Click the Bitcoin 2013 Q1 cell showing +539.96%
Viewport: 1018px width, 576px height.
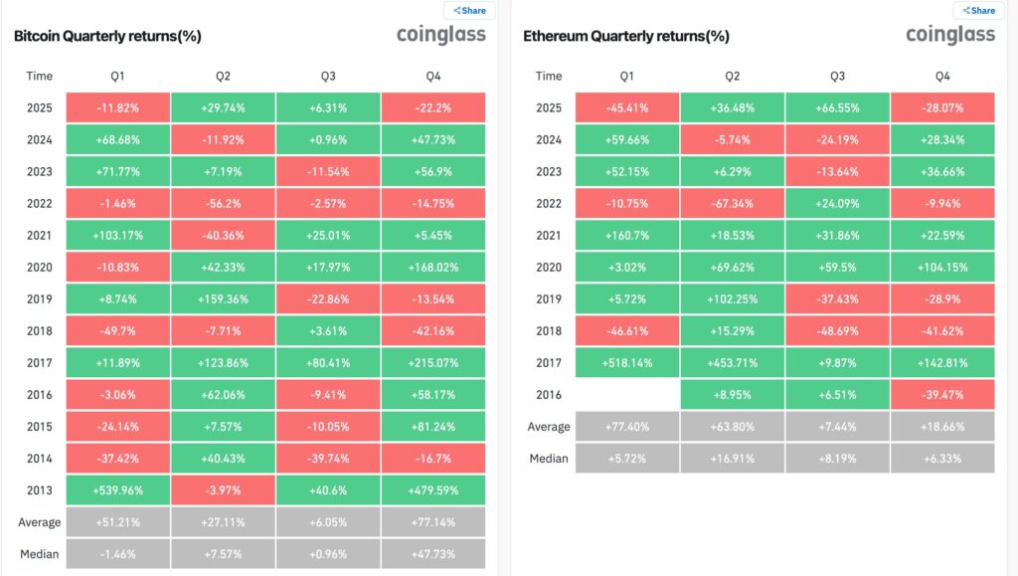pos(117,489)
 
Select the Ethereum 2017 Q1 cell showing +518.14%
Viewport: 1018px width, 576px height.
pos(626,363)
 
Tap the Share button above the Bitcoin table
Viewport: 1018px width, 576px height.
pos(469,11)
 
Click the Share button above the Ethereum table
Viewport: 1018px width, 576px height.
pos(978,11)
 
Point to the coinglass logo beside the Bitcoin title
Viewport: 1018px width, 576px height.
pos(441,35)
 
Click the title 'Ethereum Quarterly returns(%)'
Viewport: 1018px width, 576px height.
pos(626,36)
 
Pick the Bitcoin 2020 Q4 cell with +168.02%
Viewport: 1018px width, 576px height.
pos(433,268)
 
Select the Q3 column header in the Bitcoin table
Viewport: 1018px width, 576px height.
pos(328,76)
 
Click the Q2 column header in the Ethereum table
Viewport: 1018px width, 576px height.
pos(732,76)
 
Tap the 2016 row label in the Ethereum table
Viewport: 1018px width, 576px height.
pos(549,395)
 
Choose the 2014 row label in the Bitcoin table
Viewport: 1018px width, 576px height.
pos(40,458)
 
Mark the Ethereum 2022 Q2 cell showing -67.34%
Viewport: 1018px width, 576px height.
pos(732,203)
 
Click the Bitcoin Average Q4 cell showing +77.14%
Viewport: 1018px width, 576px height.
pos(433,521)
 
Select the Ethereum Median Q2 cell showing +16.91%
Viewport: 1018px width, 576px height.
pos(732,459)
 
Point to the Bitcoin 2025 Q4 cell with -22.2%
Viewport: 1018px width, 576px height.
pos(433,107)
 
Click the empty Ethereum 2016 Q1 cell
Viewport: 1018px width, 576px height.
pos(626,395)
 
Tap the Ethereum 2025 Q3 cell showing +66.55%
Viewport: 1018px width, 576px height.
pos(837,107)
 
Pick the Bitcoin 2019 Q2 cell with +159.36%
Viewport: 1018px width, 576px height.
pos(223,298)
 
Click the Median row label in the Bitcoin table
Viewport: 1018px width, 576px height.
pos(40,553)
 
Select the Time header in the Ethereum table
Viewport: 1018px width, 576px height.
pos(549,76)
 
